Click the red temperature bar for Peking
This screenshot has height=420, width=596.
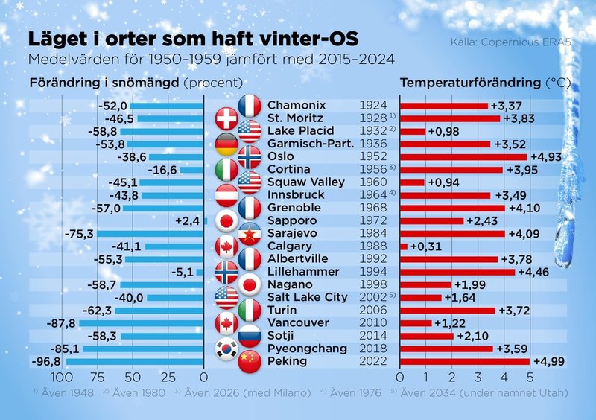coord(465,361)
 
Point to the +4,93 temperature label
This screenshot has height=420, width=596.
coord(546,156)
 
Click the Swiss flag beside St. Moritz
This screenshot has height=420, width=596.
coord(226,119)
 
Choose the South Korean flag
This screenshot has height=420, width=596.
coord(226,349)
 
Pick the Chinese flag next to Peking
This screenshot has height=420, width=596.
coord(250,362)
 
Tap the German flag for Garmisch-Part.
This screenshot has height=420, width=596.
coord(226,144)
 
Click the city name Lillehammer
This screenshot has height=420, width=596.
coord(299,272)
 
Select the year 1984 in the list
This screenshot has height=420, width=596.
coord(372,233)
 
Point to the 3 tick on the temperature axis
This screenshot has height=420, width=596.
coord(478,377)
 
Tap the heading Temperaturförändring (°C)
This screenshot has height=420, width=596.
coord(480,82)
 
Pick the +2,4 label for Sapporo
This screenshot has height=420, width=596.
coord(187,220)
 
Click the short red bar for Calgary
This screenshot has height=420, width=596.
coord(404,246)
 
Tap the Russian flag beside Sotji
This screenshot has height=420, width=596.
coord(250,336)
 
